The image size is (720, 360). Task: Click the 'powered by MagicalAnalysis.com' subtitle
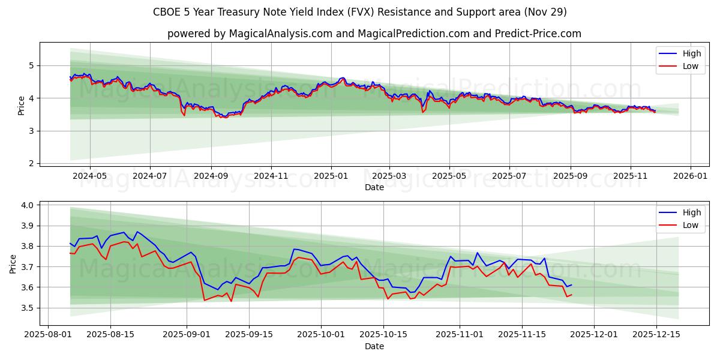click(x=374, y=34)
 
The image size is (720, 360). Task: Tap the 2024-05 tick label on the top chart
click(x=90, y=176)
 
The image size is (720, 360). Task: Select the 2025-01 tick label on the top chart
click(x=331, y=176)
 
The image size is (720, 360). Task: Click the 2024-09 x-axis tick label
click(x=211, y=176)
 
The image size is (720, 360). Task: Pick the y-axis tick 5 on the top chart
click(x=32, y=65)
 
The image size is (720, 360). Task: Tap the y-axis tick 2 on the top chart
click(x=32, y=163)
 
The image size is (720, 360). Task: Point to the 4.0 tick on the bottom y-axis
click(x=28, y=205)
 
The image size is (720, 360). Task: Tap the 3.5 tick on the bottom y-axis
click(x=28, y=308)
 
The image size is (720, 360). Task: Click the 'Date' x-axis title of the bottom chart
click(x=374, y=346)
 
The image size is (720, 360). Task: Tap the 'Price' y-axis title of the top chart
click(x=22, y=104)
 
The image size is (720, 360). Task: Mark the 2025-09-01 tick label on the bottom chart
click(x=186, y=335)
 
